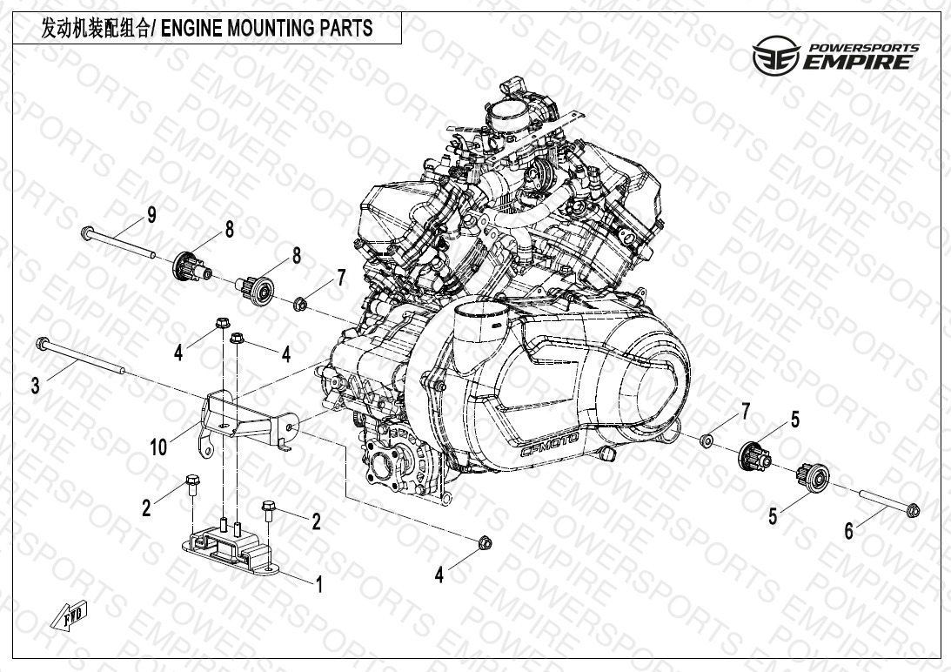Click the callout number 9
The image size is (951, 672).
[151, 215]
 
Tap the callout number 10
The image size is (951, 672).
[158, 447]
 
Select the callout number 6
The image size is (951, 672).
[849, 531]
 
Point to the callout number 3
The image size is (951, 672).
[35, 385]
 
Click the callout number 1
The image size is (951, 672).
[319, 585]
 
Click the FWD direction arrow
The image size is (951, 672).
[69, 615]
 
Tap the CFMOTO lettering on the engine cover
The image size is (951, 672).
[550, 444]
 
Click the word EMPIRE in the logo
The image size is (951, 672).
[857, 62]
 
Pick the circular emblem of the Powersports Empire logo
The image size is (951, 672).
[776, 55]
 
